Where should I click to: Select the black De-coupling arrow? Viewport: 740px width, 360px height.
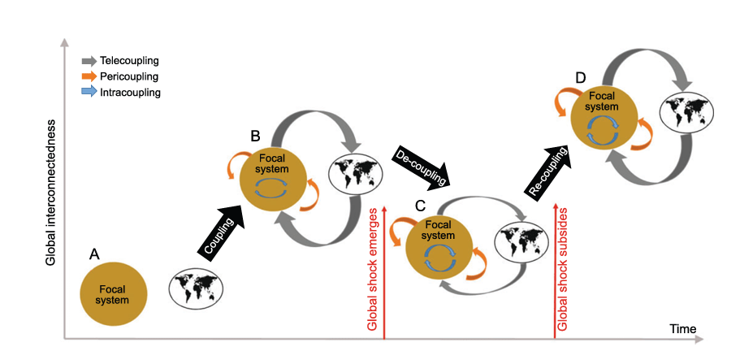pyautogui.click(x=425, y=167)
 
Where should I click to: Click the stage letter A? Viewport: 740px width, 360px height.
pyautogui.click(x=94, y=254)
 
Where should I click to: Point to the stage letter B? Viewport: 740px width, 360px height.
pyautogui.click(x=254, y=135)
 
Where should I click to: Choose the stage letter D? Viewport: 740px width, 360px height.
pyautogui.click(x=580, y=78)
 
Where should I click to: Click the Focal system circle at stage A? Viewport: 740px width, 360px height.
pyautogui.click(x=114, y=294)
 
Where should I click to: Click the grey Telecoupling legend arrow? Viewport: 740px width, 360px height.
pyautogui.click(x=89, y=61)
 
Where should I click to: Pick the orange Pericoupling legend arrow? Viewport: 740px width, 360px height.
pyautogui.click(x=89, y=76)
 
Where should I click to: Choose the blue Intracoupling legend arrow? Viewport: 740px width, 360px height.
pyautogui.click(x=89, y=93)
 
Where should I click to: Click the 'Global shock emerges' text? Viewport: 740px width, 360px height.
pyautogui.click(x=373, y=269)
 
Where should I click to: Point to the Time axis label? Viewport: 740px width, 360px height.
pyautogui.click(x=682, y=329)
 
